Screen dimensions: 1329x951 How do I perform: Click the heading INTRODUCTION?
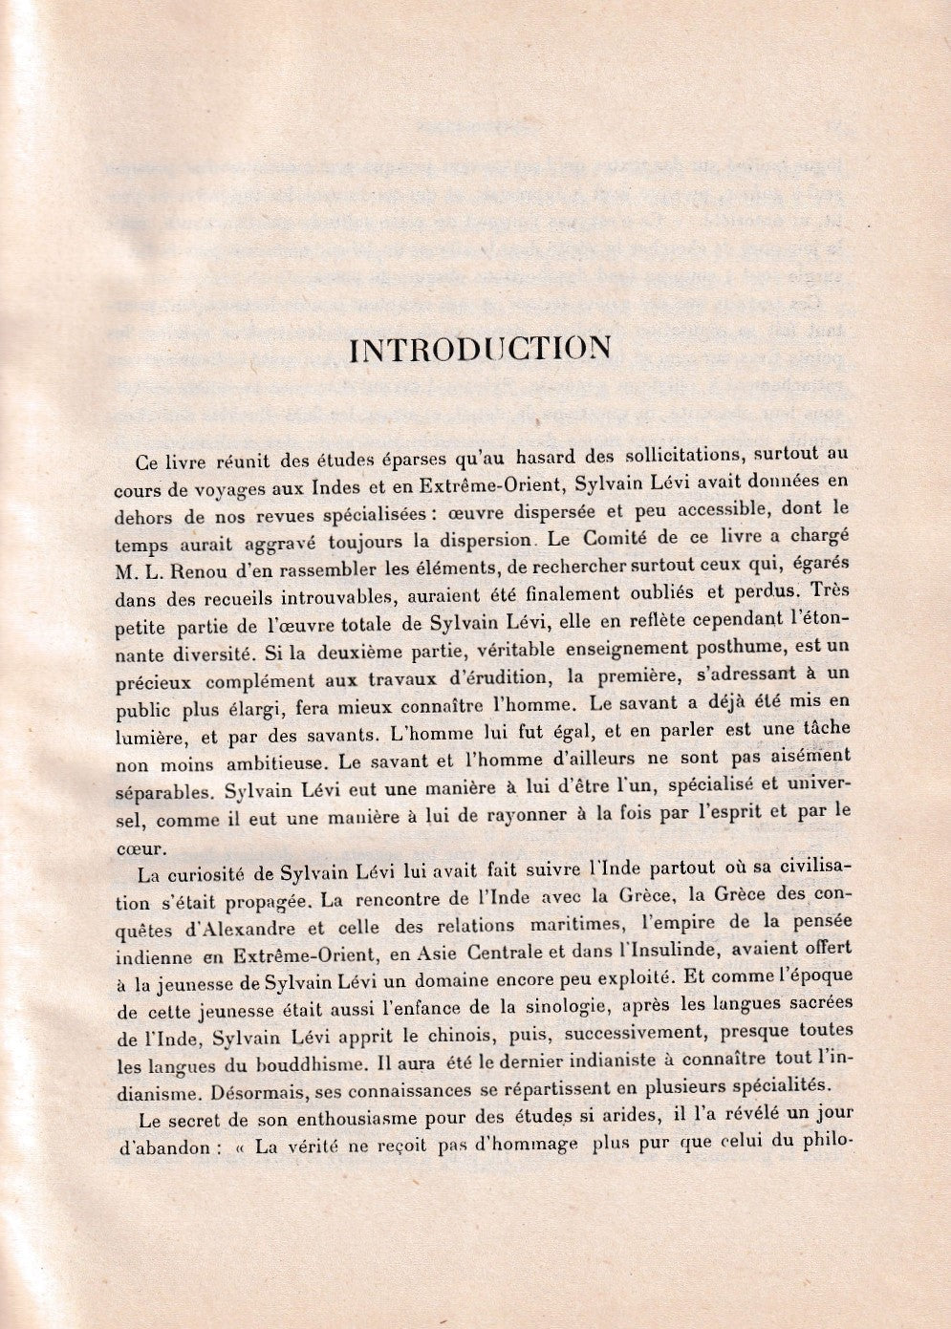click(x=481, y=349)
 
